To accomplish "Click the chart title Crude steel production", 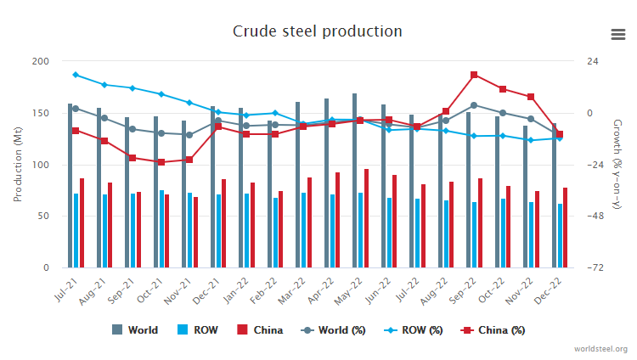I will click(318, 31).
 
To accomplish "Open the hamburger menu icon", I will click(618, 34).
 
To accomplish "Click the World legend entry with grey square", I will click(135, 329).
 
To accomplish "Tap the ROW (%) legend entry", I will click(412, 329).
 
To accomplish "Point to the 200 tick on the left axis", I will click(40, 61).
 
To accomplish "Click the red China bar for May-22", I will click(366, 218).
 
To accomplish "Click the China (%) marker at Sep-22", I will click(474, 75).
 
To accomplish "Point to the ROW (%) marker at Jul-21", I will click(76, 75).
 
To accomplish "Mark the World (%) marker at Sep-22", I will click(474, 105).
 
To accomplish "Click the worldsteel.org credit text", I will click(600, 349).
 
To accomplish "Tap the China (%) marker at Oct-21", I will click(161, 162).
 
